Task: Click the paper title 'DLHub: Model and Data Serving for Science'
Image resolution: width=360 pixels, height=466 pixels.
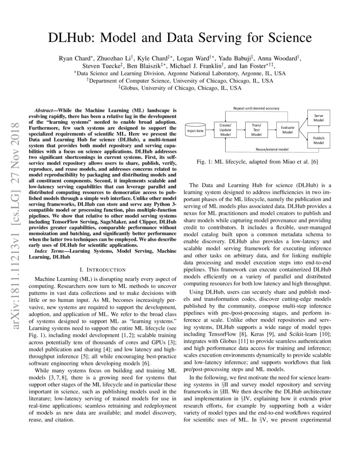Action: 180,38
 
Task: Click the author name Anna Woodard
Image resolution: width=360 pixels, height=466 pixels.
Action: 283,58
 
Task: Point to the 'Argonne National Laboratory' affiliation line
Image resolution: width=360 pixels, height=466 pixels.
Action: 180,73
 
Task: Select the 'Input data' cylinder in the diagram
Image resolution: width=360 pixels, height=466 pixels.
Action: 195,130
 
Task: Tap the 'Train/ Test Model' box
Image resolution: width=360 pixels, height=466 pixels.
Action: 256,130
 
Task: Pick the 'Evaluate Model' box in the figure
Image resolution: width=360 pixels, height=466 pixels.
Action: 288,130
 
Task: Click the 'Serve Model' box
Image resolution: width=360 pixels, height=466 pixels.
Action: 318,118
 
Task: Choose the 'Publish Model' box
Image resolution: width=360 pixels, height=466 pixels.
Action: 318,141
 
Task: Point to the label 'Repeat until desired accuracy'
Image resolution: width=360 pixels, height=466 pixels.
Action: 256,108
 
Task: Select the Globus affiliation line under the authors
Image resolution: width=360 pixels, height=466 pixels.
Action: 180,88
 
